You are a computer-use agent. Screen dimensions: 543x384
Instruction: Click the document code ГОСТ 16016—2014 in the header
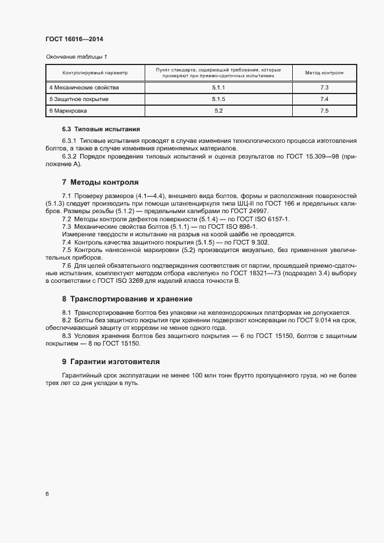click(74, 39)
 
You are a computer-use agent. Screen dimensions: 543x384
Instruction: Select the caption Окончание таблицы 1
click(76, 56)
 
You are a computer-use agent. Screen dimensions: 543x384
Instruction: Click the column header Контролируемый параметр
click(95, 73)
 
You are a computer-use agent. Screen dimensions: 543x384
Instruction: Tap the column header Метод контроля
click(324, 73)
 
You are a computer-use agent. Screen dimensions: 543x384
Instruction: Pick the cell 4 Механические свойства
click(84, 88)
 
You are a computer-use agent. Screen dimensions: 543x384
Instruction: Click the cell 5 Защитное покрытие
click(79, 99)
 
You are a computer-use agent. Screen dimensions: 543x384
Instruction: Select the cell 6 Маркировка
click(68, 110)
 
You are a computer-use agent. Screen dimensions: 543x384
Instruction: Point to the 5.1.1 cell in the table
click(218, 88)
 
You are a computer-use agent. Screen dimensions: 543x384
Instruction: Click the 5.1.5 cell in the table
click(218, 99)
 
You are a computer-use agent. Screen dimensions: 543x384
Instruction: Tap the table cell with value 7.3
click(324, 88)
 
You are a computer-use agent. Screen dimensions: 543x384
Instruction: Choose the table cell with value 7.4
click(324, 99)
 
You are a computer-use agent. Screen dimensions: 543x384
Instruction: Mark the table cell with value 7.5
click(324, 110)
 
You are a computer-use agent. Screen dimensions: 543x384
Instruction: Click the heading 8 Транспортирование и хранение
click(127, 299)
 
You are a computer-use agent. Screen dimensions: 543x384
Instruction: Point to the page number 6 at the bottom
click(47, 494)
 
